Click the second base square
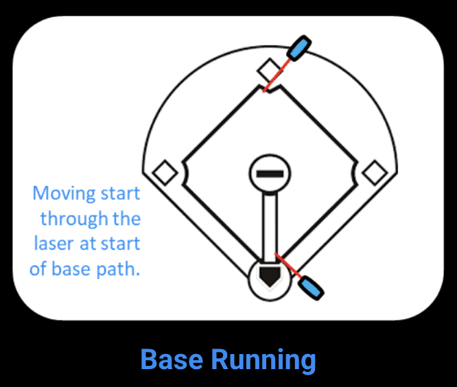(269, 69)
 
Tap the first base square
(375, 172)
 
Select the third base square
(164, 172)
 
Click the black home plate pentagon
(269, 277)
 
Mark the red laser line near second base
(276, 76)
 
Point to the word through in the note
(74, 219)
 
